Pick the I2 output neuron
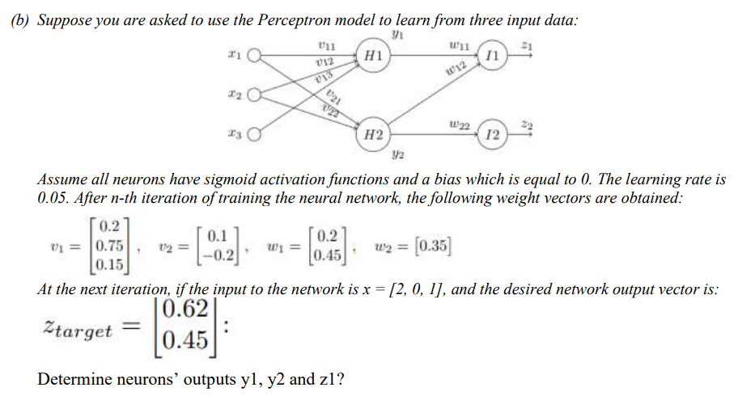(x=494, y=134)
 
